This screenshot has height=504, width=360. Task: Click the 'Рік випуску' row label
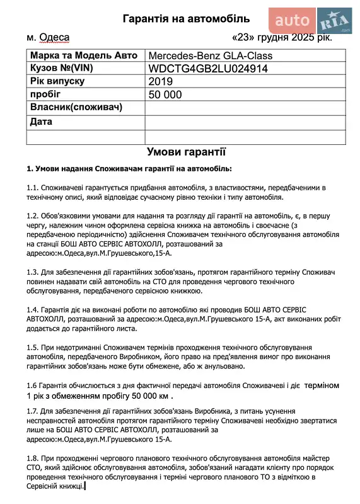point(57,81)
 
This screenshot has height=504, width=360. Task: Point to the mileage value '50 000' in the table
point(165,94)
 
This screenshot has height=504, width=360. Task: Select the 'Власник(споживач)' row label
point(75,108)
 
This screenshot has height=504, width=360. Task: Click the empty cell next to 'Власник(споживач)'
point(245,108)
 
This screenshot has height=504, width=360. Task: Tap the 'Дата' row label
point(41,121)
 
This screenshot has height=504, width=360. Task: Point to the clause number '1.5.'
point(33,348)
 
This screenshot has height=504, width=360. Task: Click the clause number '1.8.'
point(33,458)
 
